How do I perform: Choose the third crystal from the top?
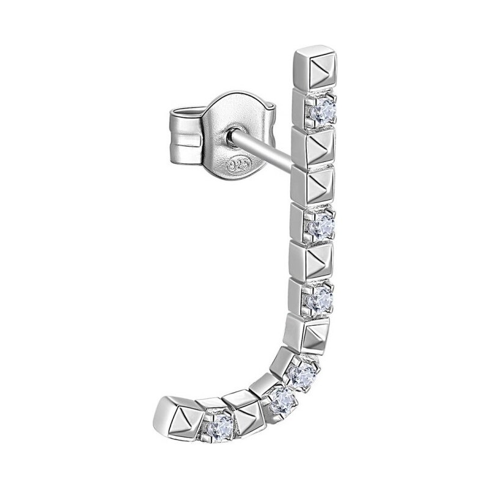pos(320,299)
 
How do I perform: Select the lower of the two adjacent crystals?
pos(282,402)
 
